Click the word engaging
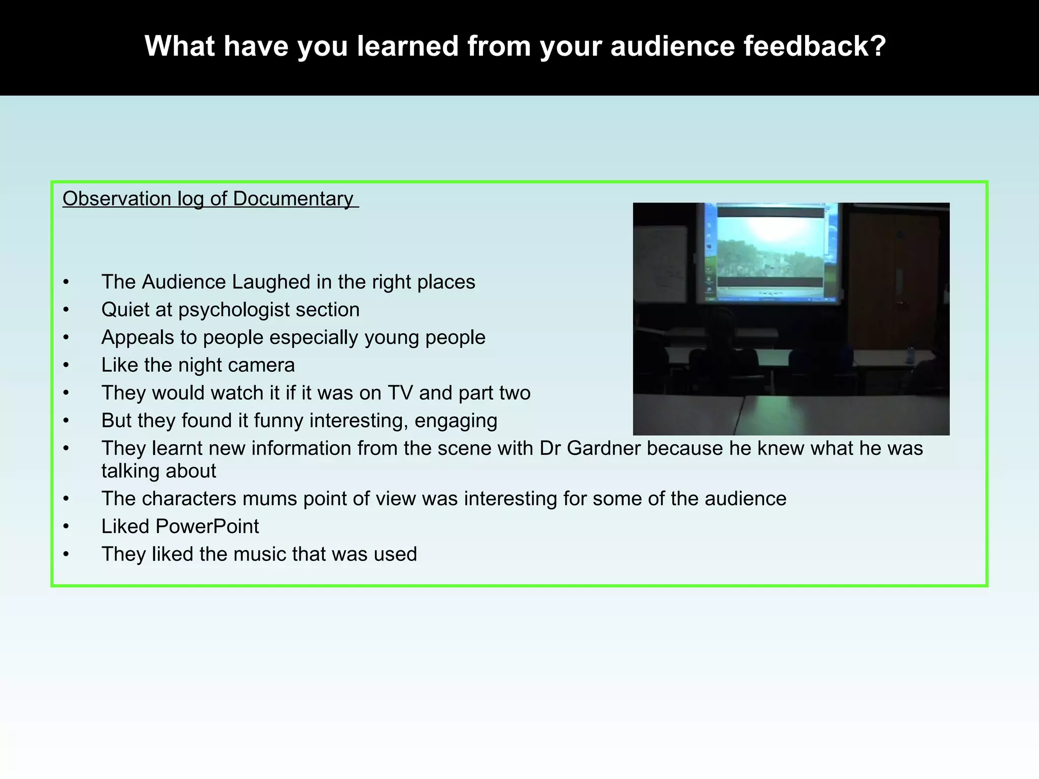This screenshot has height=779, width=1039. point(456,421)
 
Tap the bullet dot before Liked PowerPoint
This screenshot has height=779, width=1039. point(66,527)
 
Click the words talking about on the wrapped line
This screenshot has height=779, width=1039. point(158,471)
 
